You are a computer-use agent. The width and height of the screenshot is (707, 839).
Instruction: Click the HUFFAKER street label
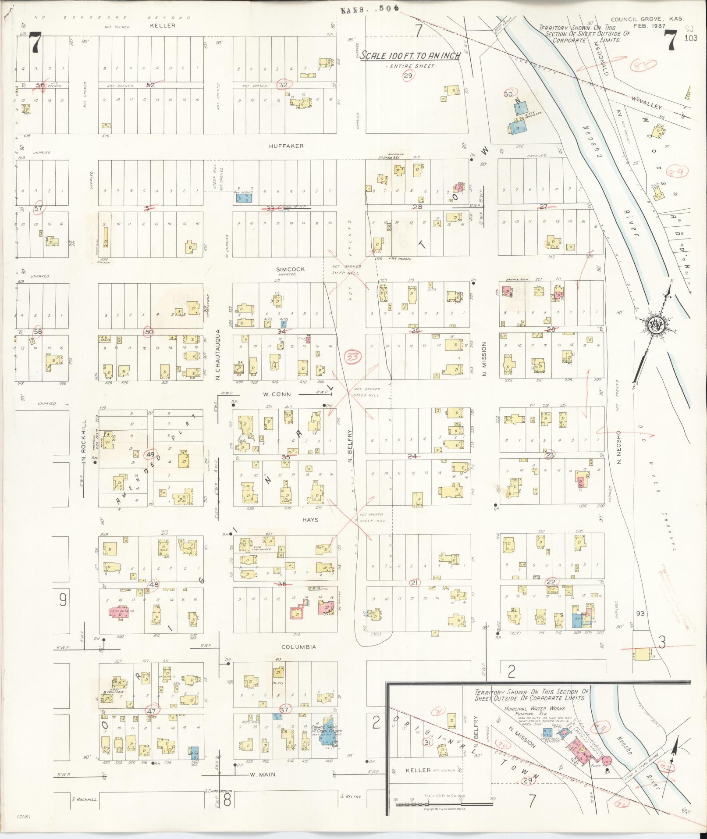pos(287,146)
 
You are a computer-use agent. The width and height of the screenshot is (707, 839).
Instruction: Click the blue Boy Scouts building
pos(244,198)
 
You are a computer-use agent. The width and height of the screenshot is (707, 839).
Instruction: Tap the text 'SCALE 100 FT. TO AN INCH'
pos(410,56)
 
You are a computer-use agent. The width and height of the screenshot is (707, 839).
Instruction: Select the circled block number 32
pos(283,85)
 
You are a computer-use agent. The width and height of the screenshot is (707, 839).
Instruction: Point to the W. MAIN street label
pos(263,775)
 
